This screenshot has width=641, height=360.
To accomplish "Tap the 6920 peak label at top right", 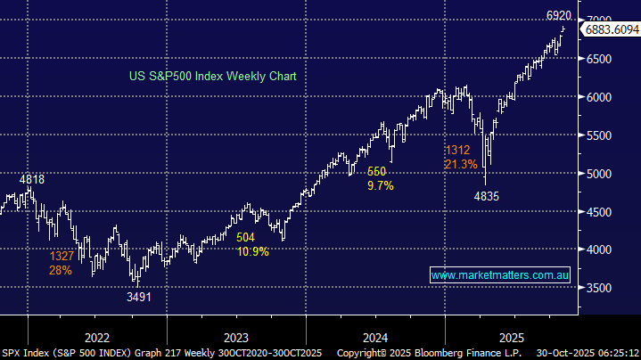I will [559, 15].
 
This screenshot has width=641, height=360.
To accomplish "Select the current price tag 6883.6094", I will [611, 30].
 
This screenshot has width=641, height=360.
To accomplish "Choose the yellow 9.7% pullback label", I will [381, 185].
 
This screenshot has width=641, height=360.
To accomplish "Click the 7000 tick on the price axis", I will [602, 20].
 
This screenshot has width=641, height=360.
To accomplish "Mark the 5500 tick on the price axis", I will [602, 135].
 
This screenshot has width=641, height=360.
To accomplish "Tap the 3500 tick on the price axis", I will [602, 288].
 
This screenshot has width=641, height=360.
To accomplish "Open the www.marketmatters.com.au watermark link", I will [500, 276].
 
